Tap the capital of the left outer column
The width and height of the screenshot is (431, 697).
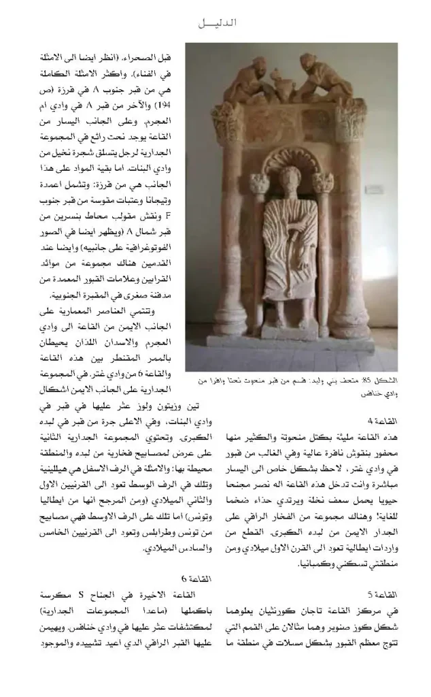tap(228, 122)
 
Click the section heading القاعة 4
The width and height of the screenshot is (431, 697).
tap(383, 421)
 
